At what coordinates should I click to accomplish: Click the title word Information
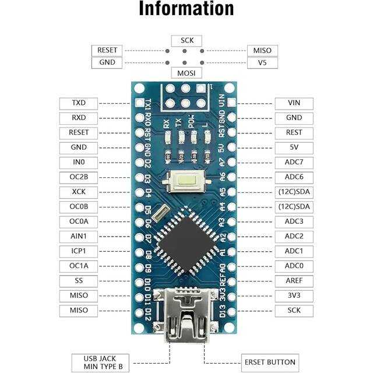click(x=186, y=9)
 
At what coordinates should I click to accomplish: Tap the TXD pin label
click(x=79, y=103)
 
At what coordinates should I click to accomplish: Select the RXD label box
click(x=79, y=118)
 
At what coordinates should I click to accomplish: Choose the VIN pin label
click(x=294, y=103)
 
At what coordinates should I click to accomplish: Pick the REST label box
click(x=294, y=132)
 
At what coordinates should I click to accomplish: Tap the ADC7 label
click(x=294, y=162)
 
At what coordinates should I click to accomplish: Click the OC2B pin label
click(x=79, y=177)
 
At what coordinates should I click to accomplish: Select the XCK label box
click(x=79, y=192)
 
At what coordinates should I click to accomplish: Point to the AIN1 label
click(x=79, y=237)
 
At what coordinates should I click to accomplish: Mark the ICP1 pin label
click(x=79, y=251)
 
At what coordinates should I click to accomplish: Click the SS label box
click(x=79, y=281)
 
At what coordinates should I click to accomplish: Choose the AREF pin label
click(x=294, y=281)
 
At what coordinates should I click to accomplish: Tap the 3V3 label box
click(x=294, y=295)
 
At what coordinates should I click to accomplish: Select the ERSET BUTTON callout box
click(x=270, y=361)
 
